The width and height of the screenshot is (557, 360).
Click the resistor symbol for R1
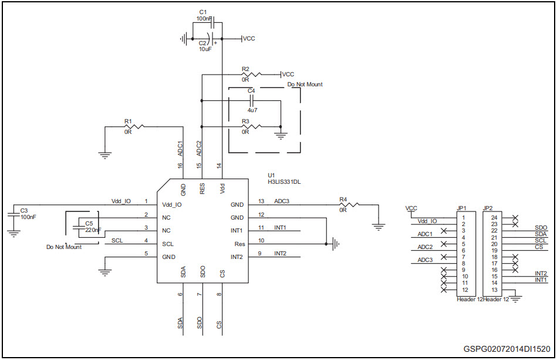tap(134, 126)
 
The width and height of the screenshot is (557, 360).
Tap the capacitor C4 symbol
tap(252, 101)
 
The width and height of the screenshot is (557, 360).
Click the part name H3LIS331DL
tap(285, 182)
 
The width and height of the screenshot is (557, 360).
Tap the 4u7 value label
tap(252, 110)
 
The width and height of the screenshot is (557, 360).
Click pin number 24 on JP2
tap(494, 218)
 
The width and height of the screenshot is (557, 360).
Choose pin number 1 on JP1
tap(464, 218)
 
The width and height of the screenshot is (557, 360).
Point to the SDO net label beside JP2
tap(541, 227)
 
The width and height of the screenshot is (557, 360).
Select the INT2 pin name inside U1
tap(237, 257)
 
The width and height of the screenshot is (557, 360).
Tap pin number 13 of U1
tap(261, 201)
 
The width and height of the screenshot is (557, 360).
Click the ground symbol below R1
tap(105, 156)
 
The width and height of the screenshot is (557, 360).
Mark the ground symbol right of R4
tap(379, 226)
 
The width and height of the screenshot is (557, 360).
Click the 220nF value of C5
tap(92, 230)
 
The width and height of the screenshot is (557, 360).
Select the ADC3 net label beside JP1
tap(425, 260)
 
